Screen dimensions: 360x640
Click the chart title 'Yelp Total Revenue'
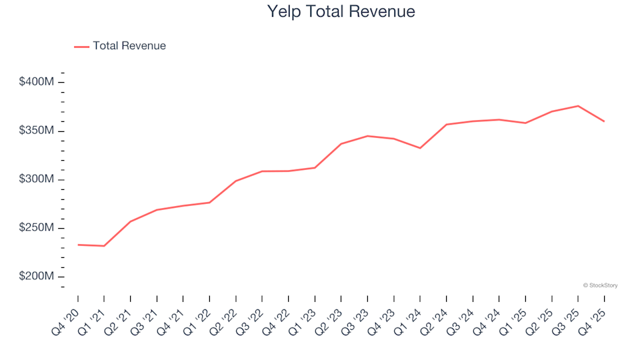[341, 12]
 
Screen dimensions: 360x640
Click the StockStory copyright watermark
[600, 285]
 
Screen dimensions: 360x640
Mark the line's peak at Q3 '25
[578, 106]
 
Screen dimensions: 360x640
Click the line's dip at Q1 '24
[420, 148]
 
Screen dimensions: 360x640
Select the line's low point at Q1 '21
[104, 246]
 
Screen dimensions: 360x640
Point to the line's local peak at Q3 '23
[367, 136]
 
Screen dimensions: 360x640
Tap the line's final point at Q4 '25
[604, 121]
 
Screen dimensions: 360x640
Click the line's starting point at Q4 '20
[78, 245]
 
